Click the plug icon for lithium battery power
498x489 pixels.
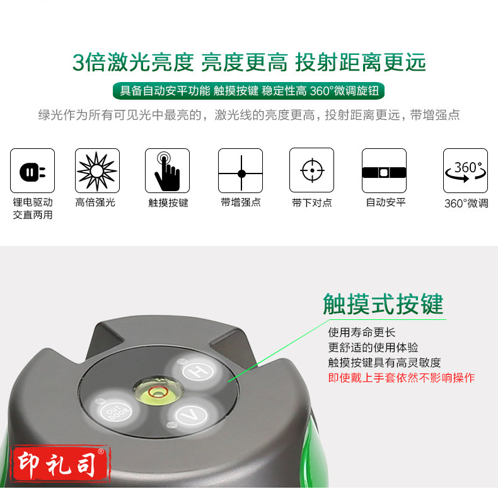click(x=32, y=171)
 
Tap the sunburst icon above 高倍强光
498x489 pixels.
click(x=97, y=171)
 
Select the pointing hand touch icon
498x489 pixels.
click(x=168, y=171)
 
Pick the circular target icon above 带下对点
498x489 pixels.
click(x=311, y=170)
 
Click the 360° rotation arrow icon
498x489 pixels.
click(x=466, y=171)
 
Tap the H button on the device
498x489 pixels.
click(x=198, y=370)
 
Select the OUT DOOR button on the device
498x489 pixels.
click(x=115, y=411)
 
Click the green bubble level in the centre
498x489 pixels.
click(x=158, y=391)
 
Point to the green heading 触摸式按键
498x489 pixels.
click(x=383, y=304)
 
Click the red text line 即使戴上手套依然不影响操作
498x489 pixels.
click(x=402, y=378)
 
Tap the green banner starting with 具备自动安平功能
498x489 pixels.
click(x=248, y=91)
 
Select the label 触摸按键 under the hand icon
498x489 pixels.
click(x=168, y=203)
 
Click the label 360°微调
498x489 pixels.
click(x=466, y=203)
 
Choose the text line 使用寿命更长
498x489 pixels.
click(x=362, y=333)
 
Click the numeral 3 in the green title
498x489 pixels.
click(x=78, y=62)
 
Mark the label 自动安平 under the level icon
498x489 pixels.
click(x=386, y=202)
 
